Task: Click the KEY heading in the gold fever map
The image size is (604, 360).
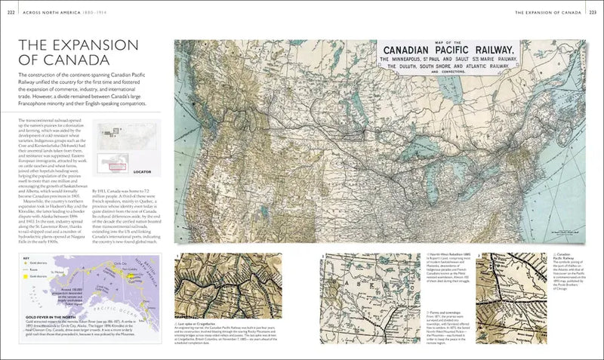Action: click(25, 257)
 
